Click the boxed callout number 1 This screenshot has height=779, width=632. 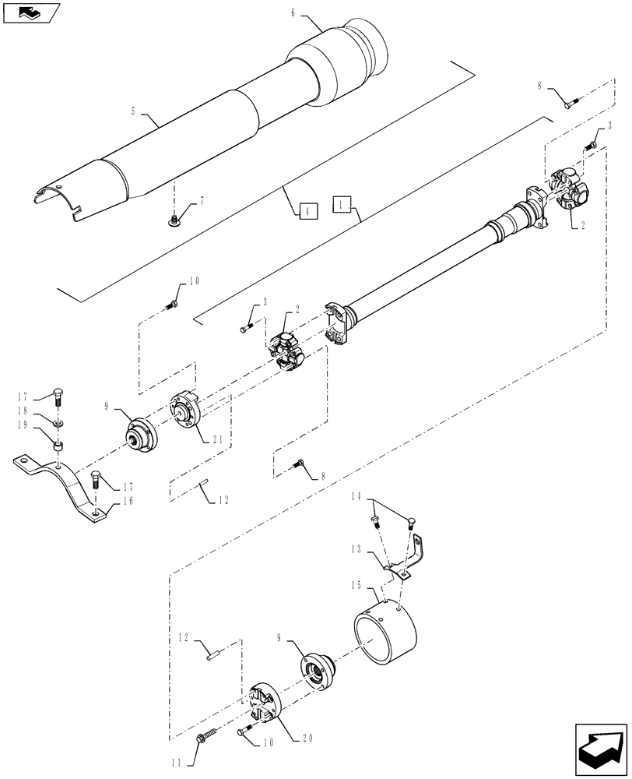click(x=340, y=205)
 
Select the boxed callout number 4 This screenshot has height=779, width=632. click(x=307, y=210)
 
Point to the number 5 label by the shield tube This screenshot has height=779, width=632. click(x=133, y=111)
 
